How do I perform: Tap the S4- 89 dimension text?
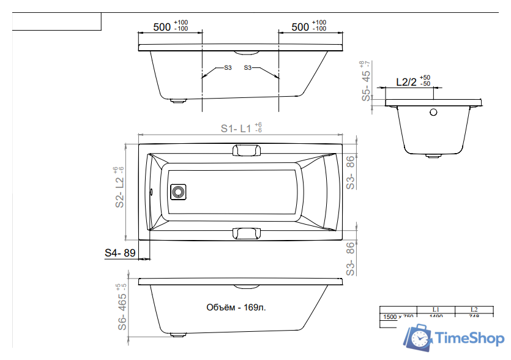[x=119, y=252]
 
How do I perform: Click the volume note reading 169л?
[x=236, y=307]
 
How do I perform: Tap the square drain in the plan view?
[x=179, y=192]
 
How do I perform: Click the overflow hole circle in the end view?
[x=433, y=112]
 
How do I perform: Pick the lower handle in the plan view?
[x=246, y=233]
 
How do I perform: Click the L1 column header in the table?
[x=436, y=309]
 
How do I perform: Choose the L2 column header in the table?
[x=474, y=309]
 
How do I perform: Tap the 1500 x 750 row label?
[x=398, y=317]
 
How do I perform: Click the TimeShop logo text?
[x=469, y=338]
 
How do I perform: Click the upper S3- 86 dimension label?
[x=350, y=171]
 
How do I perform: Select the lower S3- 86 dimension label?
[x=350, y=259]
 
